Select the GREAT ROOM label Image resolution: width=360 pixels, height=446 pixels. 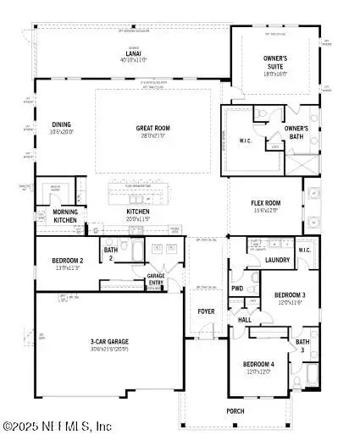(x=153, y=129)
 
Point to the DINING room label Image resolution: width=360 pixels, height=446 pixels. (x=61, y=124)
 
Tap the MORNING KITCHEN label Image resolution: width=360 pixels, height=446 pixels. (x=65, y=216)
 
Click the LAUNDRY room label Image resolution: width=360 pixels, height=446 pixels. (x=277, y=260)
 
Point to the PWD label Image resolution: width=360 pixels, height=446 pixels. (x=237, y=289)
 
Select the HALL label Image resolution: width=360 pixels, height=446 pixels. (x=244, y=320)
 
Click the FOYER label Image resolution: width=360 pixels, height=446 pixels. (x=206, y=311)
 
